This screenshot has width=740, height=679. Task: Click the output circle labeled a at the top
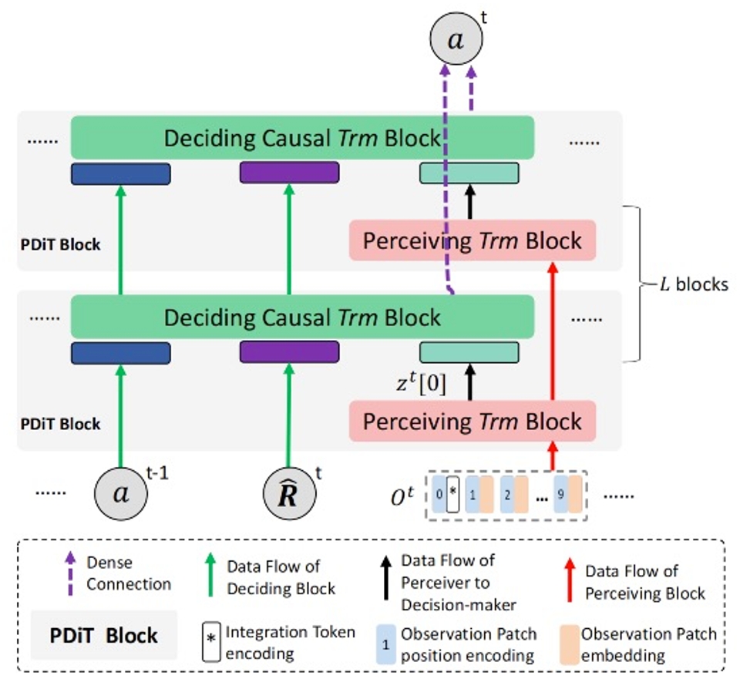[x=456, y=40]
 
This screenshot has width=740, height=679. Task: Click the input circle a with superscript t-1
[x=121, y=493]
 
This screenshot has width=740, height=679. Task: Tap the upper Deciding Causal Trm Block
[x=302, y=139]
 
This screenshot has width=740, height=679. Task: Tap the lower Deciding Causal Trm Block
[x=302, y=318]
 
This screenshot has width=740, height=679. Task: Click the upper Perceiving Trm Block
[x=473, y=240]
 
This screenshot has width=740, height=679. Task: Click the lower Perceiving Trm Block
[x=473, y=421]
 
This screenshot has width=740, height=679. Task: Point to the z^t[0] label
[x=419, y=382]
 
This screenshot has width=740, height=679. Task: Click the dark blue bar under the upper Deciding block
[x=121, y=173]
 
